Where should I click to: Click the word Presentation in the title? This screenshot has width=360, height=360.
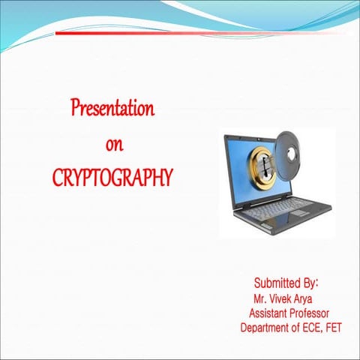click(x=112, y=109)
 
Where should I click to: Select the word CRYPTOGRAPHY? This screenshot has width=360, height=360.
click(x=113, y=178)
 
